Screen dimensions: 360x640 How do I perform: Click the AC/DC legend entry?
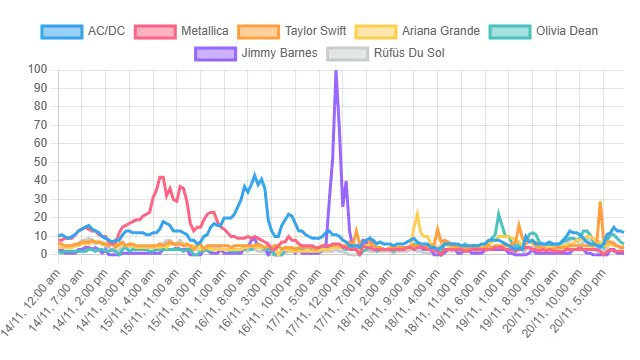tap(95, 31)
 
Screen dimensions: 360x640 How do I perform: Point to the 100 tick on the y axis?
tap(37, 69)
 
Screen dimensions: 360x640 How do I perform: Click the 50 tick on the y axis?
tap(40, 162)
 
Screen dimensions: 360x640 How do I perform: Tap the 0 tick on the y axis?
tap(43, 254)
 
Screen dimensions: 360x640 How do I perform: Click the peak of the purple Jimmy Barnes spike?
tap(335, 70)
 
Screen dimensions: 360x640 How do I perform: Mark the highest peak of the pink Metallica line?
tap(162, 177)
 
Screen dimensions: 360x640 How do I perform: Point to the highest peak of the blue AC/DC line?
tap(255, 174)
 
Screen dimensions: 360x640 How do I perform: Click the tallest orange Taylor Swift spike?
tap(600, 202)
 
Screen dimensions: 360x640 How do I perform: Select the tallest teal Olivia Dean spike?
tap(498, 212)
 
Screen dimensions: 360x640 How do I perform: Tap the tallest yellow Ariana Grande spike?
tap(417, 213)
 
